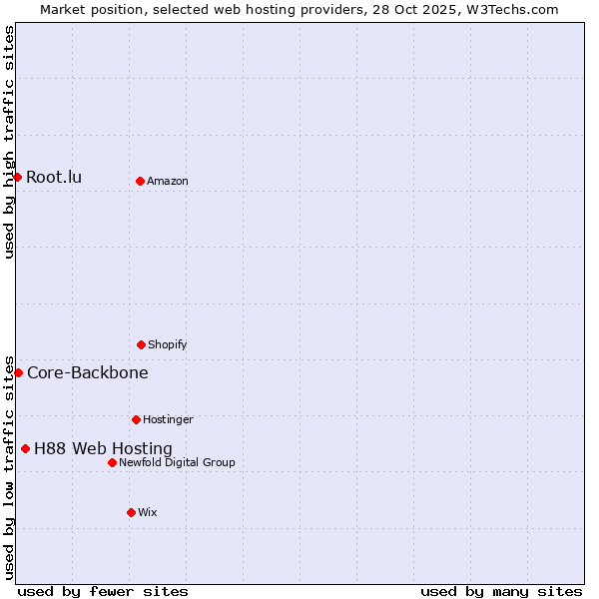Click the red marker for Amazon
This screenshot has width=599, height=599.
point(140,181)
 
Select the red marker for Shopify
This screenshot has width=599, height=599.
point(141,344)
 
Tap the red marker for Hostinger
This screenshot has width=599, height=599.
point(136,419)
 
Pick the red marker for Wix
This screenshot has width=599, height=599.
point(131,512)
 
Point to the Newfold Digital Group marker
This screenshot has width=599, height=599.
point(112,462)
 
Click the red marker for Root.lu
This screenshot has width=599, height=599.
point(17,177)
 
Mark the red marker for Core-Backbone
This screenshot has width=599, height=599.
point(18,372)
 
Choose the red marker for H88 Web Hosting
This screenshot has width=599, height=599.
point(25,448)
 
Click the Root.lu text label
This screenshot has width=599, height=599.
point(54,178)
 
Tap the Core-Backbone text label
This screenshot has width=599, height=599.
point(88,373)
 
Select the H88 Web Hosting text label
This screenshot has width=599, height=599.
point(103,449)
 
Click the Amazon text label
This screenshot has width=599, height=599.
point(168,182)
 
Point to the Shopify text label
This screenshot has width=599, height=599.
point(168,345)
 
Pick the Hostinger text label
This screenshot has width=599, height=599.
point(168,420)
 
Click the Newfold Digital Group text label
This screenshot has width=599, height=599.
point(177,463)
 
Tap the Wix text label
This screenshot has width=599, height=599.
point(148,513)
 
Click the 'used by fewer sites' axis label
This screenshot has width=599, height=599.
point(103,591)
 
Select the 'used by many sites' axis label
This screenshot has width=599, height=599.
point(501,591)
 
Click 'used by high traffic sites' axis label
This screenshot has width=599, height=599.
point(9,142)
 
